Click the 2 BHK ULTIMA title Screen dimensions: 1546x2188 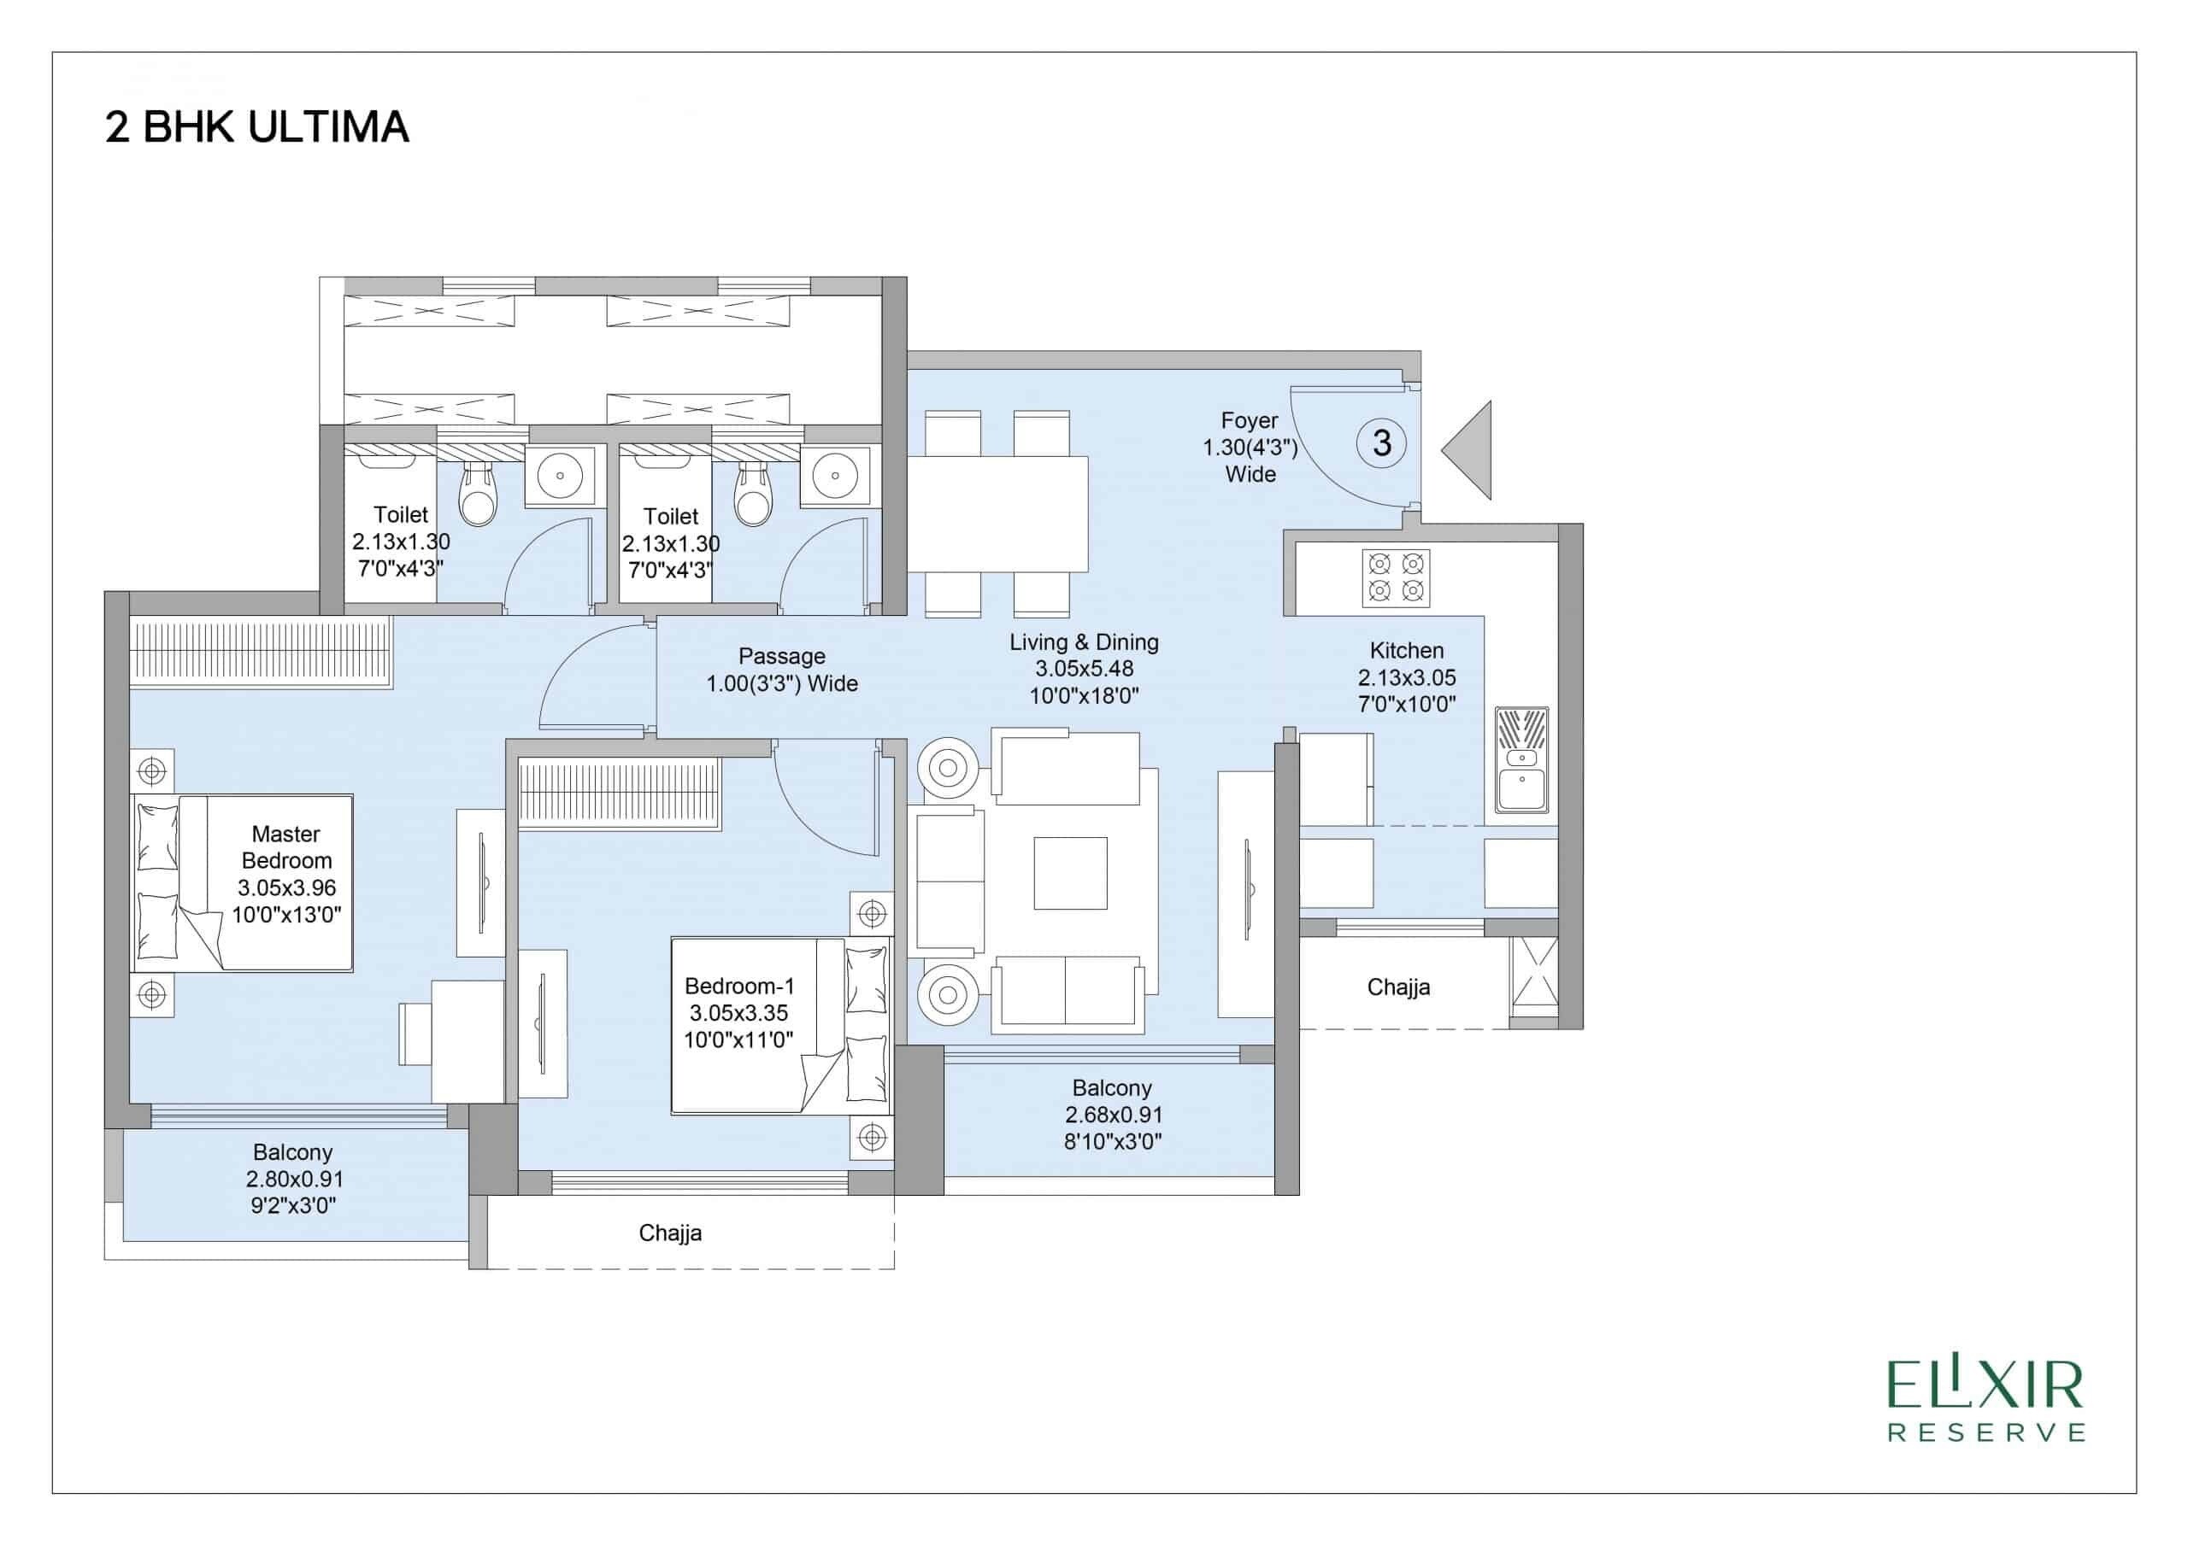tap(256, 127)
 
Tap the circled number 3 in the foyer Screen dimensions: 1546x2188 tap(1381, 443)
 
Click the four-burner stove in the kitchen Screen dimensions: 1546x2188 tap(1395, 577)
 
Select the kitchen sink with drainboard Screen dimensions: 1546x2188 tap(1521, 759)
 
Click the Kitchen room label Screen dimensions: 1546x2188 tap(1407, 676)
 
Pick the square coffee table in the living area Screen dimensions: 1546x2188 tap(1070, 873)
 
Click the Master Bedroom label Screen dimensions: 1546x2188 tap(285, 873)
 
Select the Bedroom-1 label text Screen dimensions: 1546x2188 tap(738, 1012)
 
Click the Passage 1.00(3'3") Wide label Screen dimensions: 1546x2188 tap(781, 670)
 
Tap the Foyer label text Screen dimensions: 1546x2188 tap(1250, 447)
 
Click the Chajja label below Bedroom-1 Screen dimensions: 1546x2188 tap(670, 1233)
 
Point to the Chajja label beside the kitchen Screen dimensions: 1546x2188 tap(1398, 987)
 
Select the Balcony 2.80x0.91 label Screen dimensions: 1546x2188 tap(293, 1179)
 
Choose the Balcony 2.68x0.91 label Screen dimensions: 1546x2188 tap(1112, 1114)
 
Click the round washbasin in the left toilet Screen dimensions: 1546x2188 tap(558, 473)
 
